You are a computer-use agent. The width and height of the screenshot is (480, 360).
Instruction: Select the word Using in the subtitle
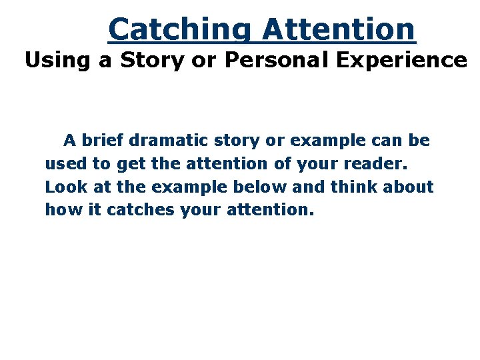click(55, 61)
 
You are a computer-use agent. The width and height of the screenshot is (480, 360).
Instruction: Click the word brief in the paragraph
click(102, 141)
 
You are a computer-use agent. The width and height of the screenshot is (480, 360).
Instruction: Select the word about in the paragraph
click(408, 187)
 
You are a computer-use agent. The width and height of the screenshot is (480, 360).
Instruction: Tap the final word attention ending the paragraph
click(269, 211)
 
